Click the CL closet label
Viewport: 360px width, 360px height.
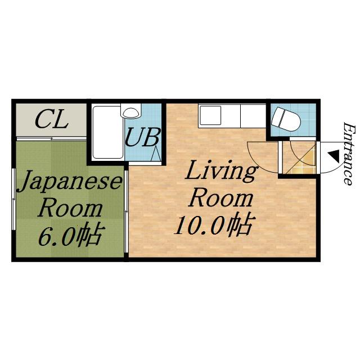click(52, 119)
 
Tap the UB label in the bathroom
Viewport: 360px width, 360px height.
click(143, 138)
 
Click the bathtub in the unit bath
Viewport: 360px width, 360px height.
click(107, 132)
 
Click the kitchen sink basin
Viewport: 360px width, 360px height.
click(211, 116)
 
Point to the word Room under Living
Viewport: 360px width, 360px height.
click(220, 199)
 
